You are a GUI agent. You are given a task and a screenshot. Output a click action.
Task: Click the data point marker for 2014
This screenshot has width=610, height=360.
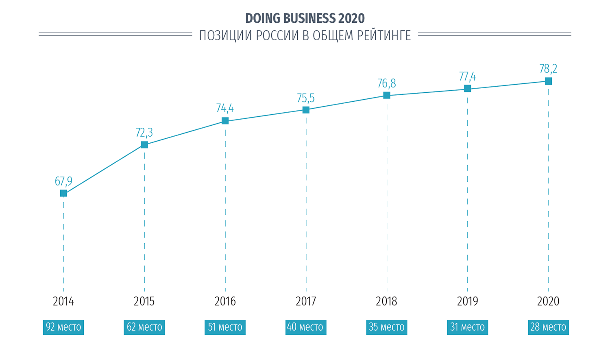(x=63, y=193)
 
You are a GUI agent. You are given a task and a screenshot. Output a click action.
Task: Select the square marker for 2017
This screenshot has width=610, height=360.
(x=306, y=110)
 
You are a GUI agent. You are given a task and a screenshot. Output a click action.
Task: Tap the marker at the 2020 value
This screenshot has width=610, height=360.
(x=548, y=81)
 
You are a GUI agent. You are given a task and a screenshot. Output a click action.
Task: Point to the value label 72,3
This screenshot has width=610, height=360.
(x=144, y=133)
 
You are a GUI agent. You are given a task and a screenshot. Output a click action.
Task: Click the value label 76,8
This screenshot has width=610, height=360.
(x=386, y=84)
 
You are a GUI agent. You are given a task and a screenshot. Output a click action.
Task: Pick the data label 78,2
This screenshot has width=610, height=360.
(x=548, y=69)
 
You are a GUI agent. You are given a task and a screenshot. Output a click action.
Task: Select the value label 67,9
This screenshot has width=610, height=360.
(x=63, y=181)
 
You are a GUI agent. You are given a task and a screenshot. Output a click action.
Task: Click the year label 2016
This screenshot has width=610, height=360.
(x=225, y=301)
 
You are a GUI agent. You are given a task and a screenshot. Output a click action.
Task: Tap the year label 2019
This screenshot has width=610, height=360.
(x=467, y=301)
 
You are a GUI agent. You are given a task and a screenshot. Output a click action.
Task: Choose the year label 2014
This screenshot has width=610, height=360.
(x=63, y=301)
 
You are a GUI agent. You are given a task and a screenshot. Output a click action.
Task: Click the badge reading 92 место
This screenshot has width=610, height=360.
(x=63, y=327)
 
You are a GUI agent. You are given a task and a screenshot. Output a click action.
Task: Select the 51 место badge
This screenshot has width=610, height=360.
(x=225, y=327)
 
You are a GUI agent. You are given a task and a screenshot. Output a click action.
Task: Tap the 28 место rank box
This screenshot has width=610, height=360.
(x=548, y=327)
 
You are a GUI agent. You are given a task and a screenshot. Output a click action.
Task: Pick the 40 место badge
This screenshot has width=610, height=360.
(x=306, y=327)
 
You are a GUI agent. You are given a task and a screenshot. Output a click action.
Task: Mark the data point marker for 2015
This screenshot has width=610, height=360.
(x=144, y=145)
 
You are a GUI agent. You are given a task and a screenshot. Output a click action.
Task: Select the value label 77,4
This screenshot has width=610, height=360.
(x=467, y=76)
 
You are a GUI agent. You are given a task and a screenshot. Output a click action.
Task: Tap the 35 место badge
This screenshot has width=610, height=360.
(x=386, y=327)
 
